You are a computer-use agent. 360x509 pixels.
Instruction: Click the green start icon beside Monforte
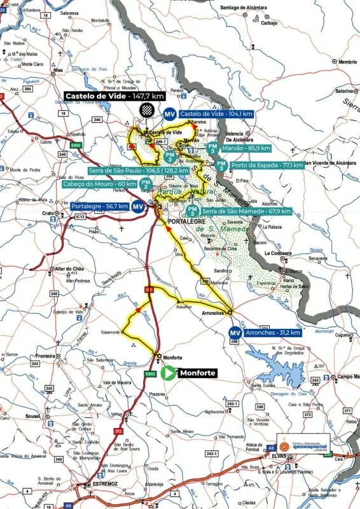[x=168, y=373]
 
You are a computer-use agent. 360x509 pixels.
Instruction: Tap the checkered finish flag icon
[x=147, y=109]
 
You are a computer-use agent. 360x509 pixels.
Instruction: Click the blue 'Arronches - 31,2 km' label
[x=273, y=332]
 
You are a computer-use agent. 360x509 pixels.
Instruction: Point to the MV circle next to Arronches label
[x=235, y=332]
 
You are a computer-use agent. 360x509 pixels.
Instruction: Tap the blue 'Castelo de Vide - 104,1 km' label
[x=216, y=114]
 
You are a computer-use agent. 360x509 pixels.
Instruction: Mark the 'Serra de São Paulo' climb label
[x=130, y=171]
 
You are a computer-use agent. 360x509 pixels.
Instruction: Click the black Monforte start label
[x=198, y=373]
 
